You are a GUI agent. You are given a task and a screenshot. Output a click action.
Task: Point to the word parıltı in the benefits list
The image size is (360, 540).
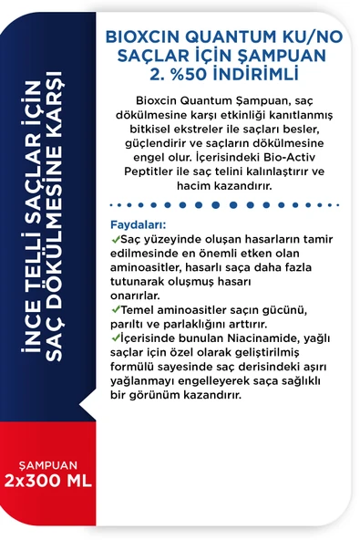(129, 324)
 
